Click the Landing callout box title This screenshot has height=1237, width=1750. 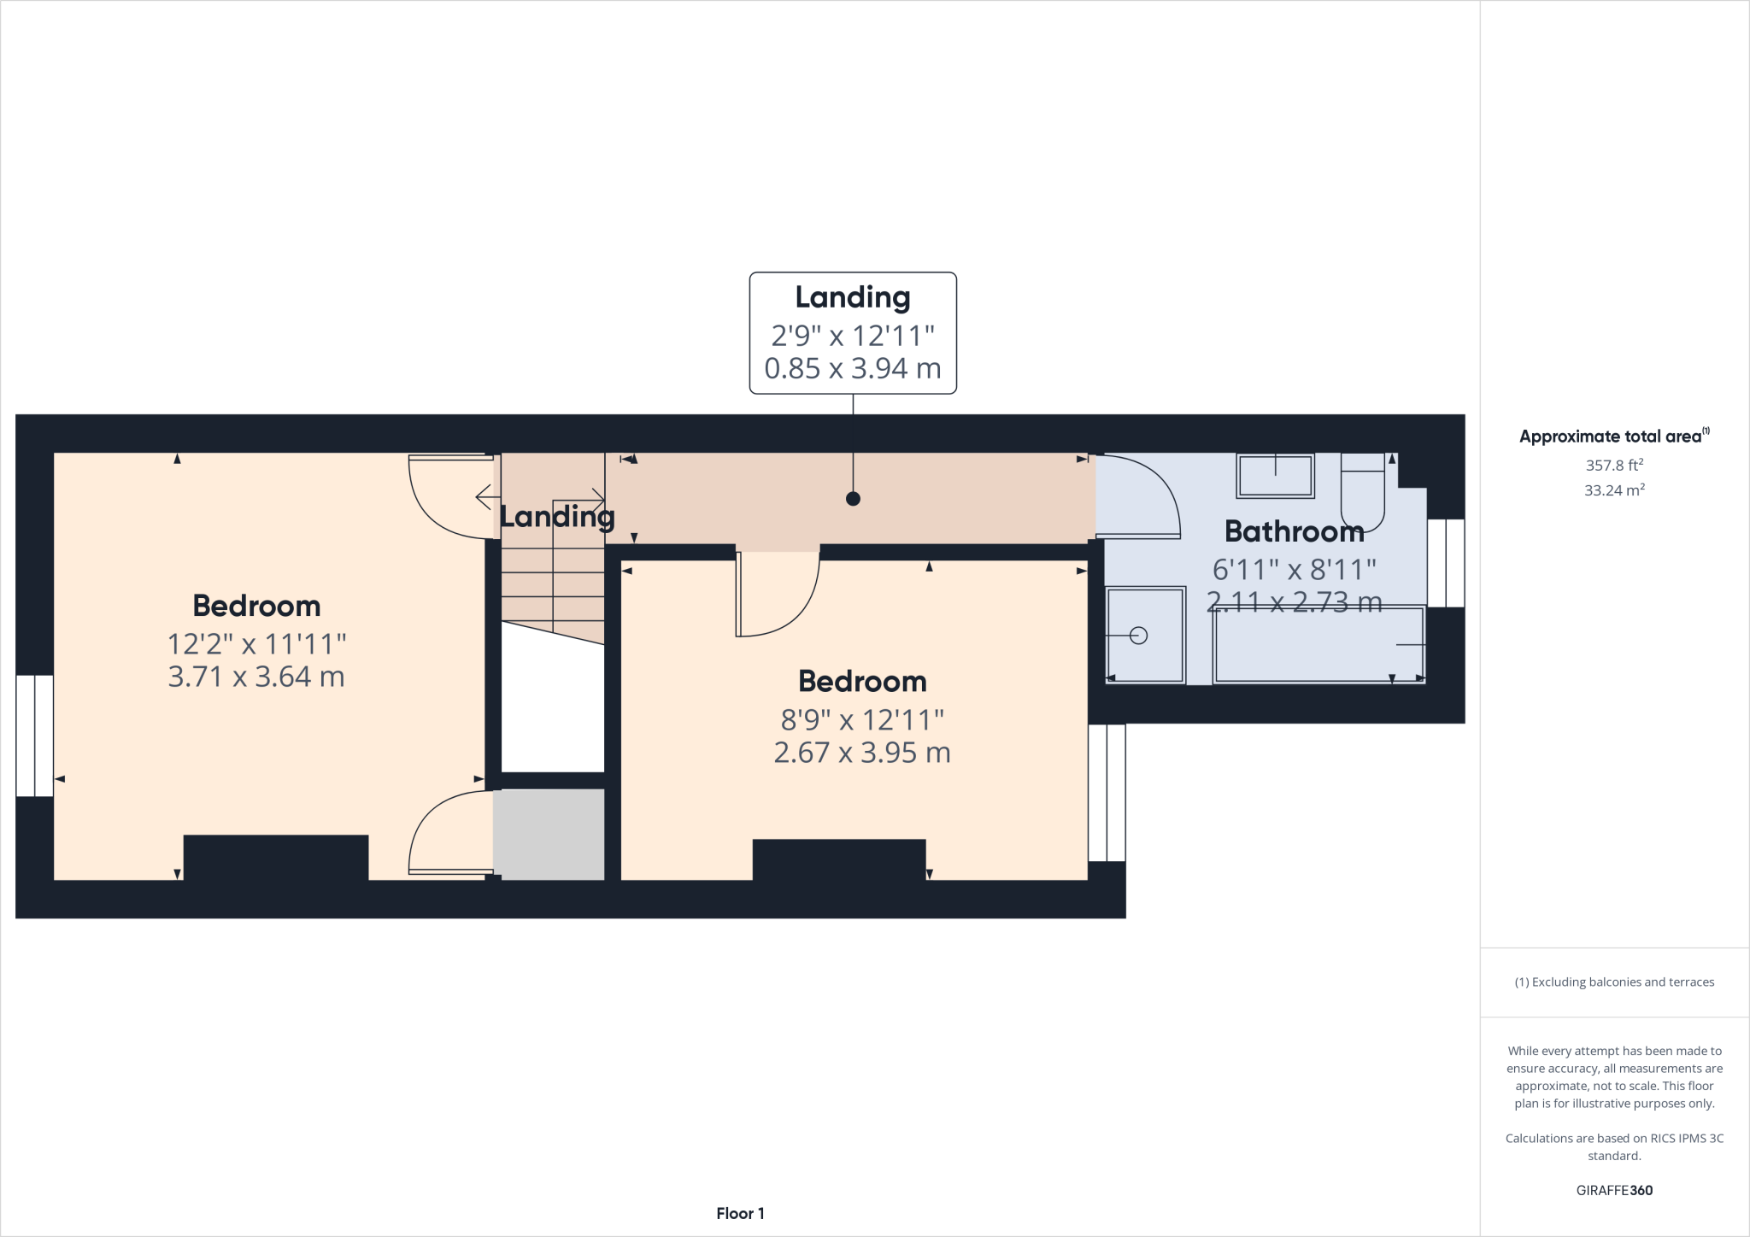click(853, 297)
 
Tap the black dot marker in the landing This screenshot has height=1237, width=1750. click(853, 499)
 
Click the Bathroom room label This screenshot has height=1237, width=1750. click(1294, 531)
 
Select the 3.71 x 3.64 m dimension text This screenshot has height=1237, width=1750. click(256, 677)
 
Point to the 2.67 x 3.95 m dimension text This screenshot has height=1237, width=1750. click(862, 753)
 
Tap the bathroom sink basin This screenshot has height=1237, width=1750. click(1275, 476)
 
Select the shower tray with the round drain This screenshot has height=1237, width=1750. click(1145, 635)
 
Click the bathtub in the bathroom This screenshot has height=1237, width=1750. click(1319, 645)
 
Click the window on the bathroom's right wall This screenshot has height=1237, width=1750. click(1446, 563)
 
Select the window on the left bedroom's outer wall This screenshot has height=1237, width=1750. click(35, 736)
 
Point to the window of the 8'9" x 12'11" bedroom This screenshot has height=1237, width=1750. click(1107, 792)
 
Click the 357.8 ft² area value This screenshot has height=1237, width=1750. click(1614, 466)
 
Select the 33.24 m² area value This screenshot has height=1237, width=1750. click(1614, 490)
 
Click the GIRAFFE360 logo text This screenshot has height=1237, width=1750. click(1614, 1190)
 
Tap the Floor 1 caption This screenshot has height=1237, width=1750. click(740, 1213)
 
